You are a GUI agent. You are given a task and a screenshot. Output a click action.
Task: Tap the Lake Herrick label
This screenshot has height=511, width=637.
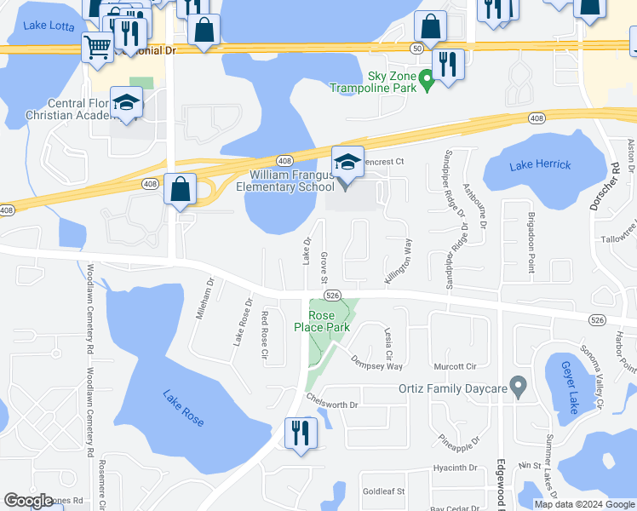pos(541,164)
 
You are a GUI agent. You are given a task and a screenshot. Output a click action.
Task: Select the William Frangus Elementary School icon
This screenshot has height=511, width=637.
pos(347,163)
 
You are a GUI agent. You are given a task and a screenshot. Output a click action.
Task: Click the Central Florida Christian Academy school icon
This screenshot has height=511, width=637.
pos(126,106)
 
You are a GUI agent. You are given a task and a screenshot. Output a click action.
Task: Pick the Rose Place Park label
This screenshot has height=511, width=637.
pos(322,320)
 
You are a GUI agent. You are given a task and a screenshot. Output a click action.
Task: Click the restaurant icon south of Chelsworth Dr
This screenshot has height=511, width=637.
pos(299,432)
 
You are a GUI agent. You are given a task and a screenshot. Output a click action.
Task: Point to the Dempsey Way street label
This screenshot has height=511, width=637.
pos(376,363)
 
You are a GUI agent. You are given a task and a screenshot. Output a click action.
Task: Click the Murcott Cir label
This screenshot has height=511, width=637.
pos(454,367)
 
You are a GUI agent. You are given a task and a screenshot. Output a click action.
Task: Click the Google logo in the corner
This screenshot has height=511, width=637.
pos(29,501)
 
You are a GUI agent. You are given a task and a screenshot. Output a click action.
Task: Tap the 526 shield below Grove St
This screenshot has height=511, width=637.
pos(333,295)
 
